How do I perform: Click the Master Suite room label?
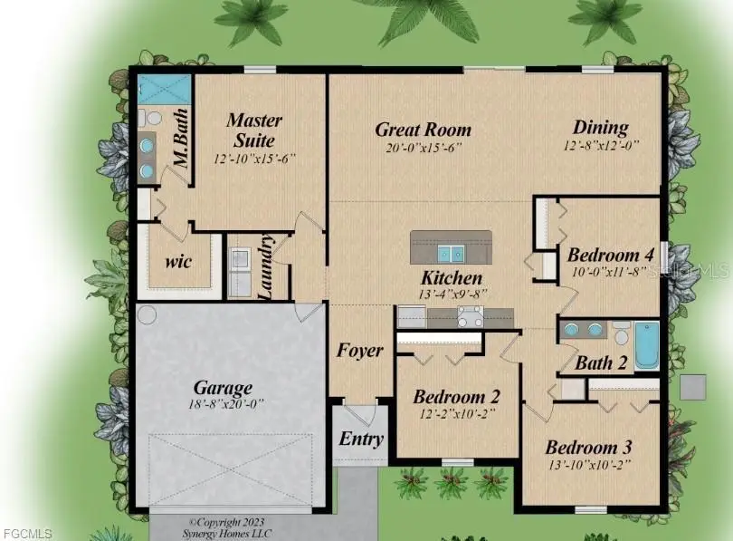pyautogui.click(x=255, y=130)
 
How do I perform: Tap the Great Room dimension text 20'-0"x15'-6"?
pyautogui.click(x=424, y=149)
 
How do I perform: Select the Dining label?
pyautogui.click(x=601, y=128)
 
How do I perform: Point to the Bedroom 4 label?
pyautogui.click(x=611, y=255)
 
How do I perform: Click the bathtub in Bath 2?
pyautogui.click(x=647, y=345)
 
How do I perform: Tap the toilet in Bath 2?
pyautogui.click(x=622, y=333)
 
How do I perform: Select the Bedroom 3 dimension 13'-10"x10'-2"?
pyautogui.click(x=590, y=465)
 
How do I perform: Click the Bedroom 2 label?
pyautogui.click(x=456, y=397)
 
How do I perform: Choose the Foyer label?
pyautogui.click(x=360, y=351)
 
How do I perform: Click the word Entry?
pyautogui.click(x=361, y=439)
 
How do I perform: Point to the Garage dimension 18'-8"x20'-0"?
pyautogui.click(x=226, y=404)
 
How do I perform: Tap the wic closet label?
pyautogui.click(x=178, y=262)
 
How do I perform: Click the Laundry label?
pyautogui.click(x=265, y=266)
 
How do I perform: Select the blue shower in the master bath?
pyautogui.click(x=165, y=90)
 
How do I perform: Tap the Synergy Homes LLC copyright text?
pyautogui.click(x=227, y=528)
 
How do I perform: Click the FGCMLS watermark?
pyautogui.click(x=27, y=534)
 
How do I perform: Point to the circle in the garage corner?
pyautogui.click(x=147, y=314)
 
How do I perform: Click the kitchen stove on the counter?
pyautogui.click(x=471, y=317)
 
